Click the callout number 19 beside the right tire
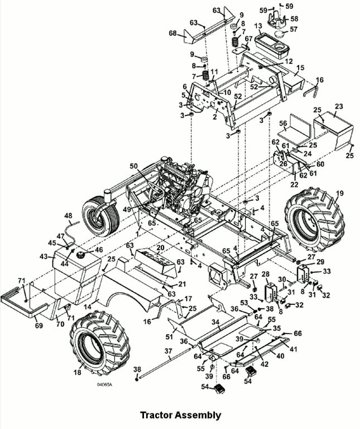click(x=339, y=193)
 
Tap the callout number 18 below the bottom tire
click(x=78, y=373)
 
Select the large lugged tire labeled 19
click(x=315, y=220)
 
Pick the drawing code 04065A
click(x=104, y=384)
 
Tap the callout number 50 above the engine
click(x=134, y=166)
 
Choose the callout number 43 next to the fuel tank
click(x=44, y=256)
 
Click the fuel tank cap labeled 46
click(x=81, y=255)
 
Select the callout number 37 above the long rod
click(x=169, y=350)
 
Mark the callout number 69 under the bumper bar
click(x=39, y=326)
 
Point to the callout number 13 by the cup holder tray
click(x=258, y=26)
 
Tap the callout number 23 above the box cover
click(x=339, y=106)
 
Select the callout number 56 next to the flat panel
click(x=283, y=123)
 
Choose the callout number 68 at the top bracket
click(x=173, y=33)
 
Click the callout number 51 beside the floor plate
click(x=169, y=336)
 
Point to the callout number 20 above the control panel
click(x=160, y=247)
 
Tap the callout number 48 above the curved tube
click(x=68, y=216)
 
